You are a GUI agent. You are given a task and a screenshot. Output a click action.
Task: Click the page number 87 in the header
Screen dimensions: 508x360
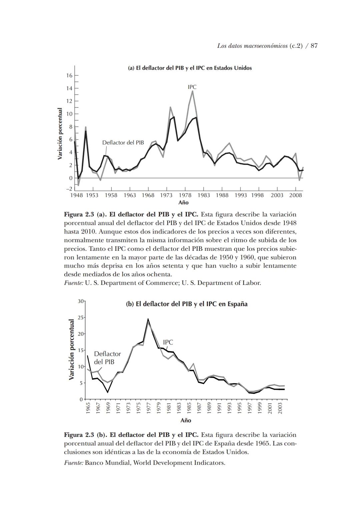pyautogui.click(x=314, y=46)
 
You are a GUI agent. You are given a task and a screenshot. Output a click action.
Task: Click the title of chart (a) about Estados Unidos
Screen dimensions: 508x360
pyautogui.click(x=190, y=68)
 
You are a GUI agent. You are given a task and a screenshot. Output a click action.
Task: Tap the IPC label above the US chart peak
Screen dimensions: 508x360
pyautogui.click(x=192, y=87)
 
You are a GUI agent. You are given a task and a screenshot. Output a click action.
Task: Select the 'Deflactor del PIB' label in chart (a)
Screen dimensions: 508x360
pyautogui.click(x=123, y=143)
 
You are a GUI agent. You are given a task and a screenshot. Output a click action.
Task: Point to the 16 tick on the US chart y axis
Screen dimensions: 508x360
pyautogui.click(x=69, y=76)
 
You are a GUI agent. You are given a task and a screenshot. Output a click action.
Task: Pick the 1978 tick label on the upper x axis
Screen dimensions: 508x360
pyautogui.click(x=185, y=195)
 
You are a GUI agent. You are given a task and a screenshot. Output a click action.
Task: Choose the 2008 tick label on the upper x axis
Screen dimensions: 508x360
pyautogui.click(x=295, y=195)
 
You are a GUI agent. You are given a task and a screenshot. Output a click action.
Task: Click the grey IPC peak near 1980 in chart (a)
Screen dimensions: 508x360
pyautogui.click(x=192, y=91)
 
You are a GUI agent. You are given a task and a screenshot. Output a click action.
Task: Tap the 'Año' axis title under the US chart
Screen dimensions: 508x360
pyautogui.click(x=183, y=202)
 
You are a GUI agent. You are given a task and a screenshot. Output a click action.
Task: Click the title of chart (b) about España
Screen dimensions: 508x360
pyautogui.click(x=187, y=304)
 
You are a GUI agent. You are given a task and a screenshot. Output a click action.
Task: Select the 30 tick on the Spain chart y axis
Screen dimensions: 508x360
pyautogui.click(x=80, y=301)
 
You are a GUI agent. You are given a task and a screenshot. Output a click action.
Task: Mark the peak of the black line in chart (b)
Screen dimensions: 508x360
pyautogui.click(x=148, y=319)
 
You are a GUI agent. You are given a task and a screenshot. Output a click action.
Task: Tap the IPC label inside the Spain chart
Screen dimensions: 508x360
pyautogui.click(x=168, y=343)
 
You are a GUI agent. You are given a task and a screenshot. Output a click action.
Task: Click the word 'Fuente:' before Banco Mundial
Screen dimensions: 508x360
pyautogui.click(x=73, y=463)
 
